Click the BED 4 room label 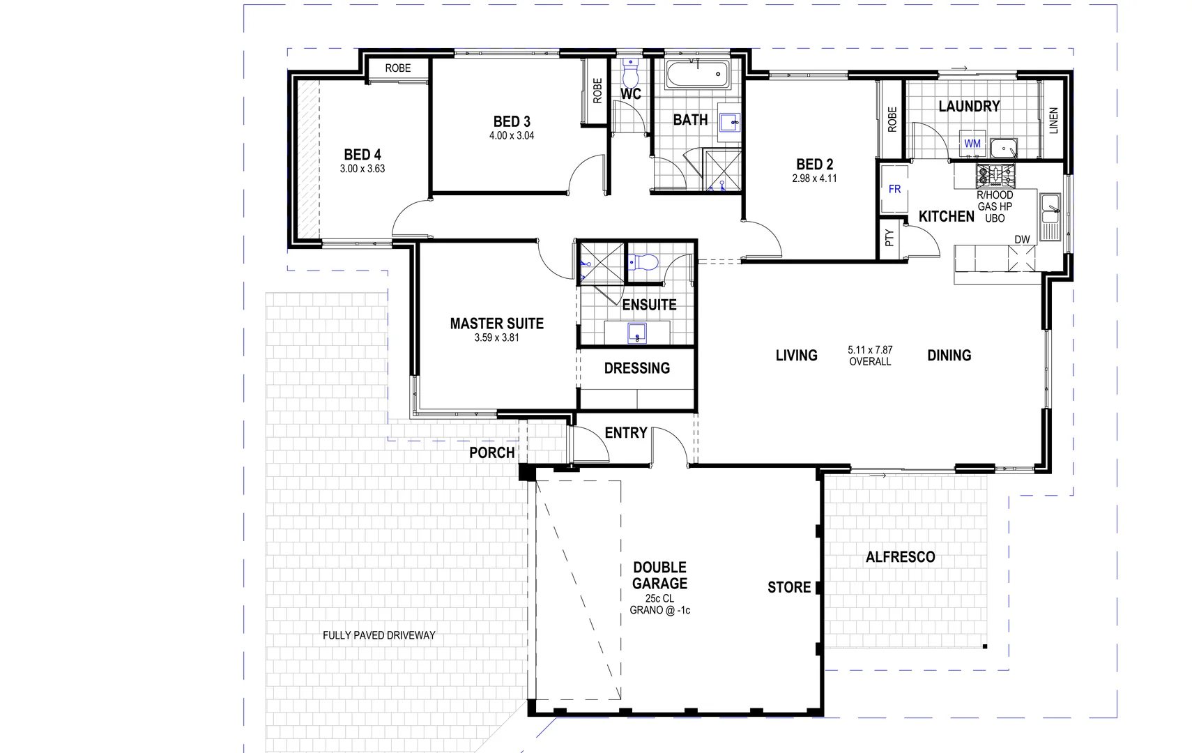362,155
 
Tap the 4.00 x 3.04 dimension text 512,136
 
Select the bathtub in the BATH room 697,74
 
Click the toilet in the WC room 630,71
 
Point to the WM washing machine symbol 972,144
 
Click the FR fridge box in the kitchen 894,189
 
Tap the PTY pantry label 889,238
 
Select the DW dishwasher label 1022,240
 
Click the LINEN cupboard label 1053,120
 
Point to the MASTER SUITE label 496,324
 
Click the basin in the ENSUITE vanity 637,333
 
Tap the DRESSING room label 636,368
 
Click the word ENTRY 625,433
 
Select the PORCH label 491,452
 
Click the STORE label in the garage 789,588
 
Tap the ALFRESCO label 900,557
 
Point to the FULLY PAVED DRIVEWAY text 379,635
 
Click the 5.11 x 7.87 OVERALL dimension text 870,356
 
